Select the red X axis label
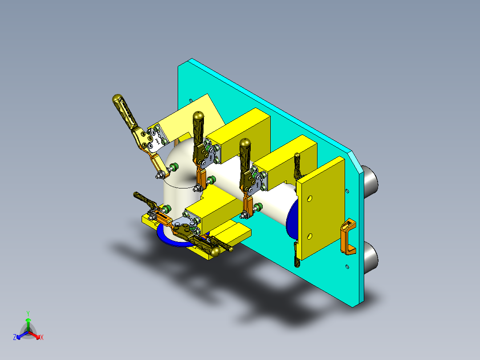[42, 338]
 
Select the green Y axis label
[28, 313]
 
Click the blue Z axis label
[15, 338]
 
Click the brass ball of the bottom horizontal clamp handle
[216, 252]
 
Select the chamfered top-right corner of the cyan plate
[354, 156]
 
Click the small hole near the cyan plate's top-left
[191, 100]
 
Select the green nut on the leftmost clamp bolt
[175, 167]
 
